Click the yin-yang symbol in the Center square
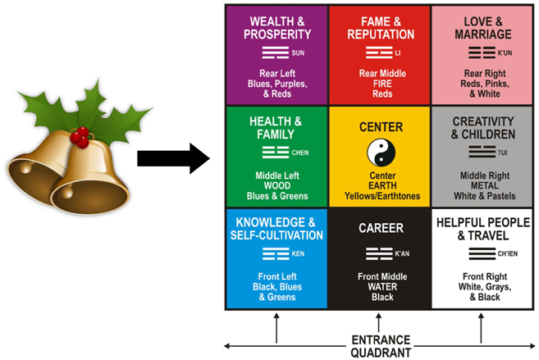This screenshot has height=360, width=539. [x=380, y=154]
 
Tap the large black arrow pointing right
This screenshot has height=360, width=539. [x=172, y=157]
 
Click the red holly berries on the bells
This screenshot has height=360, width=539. [x=80, y=135]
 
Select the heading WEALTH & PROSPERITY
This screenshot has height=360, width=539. [x=279, y=27]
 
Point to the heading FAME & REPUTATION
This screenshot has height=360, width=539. [x=380, y=27]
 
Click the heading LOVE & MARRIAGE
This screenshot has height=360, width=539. [x=482, y=27]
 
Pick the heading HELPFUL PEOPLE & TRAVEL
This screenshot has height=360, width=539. [x=482, y=228]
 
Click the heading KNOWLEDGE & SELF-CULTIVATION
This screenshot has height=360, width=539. [x=278, y=228]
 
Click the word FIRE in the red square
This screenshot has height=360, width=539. [x=380, y=82]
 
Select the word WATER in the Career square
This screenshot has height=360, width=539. [x=380, y=287]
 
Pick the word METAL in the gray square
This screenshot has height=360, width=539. [x=482, y=185]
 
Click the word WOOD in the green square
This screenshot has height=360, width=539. [x=278, y=185]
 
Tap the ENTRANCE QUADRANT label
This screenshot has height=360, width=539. [x=380, y=346]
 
